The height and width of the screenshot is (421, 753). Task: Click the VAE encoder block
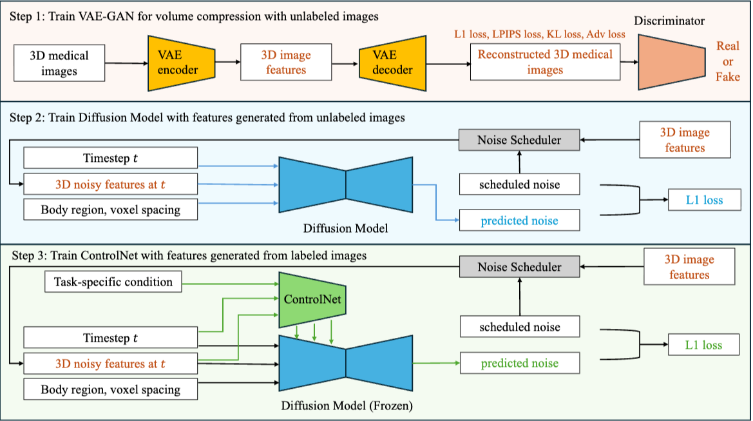click(181, 63)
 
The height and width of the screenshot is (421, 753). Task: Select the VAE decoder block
click(392, 63)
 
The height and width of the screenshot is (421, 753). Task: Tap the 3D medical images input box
click(59, 63)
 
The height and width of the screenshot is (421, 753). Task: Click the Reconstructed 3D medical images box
click(545, 62)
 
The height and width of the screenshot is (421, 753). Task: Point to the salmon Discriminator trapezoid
click(671, 62)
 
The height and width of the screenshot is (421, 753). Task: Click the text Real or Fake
click(727, 61)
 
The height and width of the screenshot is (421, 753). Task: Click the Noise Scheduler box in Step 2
click(519, 140)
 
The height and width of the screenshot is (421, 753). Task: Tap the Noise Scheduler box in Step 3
click(520, 267)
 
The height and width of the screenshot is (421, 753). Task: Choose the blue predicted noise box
click(520, 220)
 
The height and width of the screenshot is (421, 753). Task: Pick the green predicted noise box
click(520, 363)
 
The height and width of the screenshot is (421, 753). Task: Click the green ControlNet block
click(312, 299)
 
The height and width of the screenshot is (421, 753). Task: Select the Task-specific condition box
click(113, 282)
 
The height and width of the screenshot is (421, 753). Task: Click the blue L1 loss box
click(705, 200)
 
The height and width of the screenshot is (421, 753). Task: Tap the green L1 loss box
click(703, 344)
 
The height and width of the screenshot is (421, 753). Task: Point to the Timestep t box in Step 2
click(110, 158)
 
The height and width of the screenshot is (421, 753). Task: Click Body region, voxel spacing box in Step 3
click(110, 389)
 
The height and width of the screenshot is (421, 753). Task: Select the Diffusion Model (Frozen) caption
click(347, 406)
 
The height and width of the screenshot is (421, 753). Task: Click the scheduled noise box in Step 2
click(520, 184)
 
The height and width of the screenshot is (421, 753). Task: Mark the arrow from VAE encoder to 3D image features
click(227, 62)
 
